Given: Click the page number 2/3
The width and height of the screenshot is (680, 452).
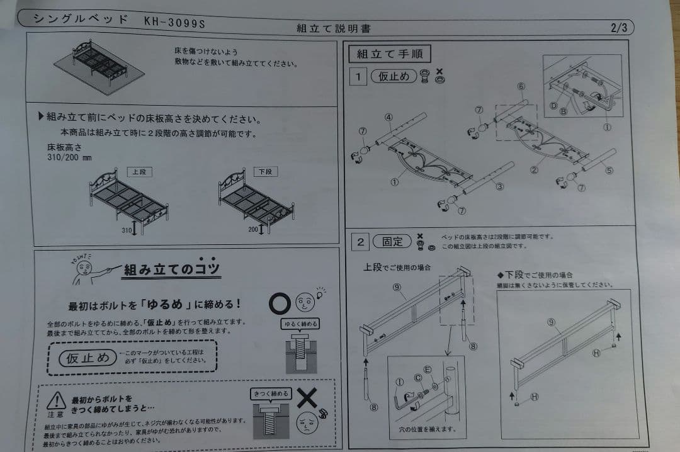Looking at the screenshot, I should [619, 27].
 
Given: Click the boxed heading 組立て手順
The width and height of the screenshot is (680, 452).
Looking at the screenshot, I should [390, 54].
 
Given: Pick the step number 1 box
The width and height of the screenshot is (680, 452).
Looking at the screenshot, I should [358, 77].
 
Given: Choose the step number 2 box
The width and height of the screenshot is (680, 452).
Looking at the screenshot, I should [360, 241].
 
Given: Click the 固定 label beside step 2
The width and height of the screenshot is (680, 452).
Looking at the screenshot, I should [392, 242].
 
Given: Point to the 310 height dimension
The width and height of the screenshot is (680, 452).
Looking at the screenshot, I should [127, 230].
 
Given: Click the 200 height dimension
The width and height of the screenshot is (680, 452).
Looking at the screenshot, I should [253, 230].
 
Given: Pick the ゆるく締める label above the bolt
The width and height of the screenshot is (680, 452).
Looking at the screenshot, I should [298, 324].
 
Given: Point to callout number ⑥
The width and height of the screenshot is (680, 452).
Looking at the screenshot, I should [521, 86].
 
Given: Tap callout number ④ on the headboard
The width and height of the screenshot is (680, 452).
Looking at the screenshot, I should [389, 117].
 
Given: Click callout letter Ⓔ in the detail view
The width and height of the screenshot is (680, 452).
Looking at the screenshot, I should [428, 370].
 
